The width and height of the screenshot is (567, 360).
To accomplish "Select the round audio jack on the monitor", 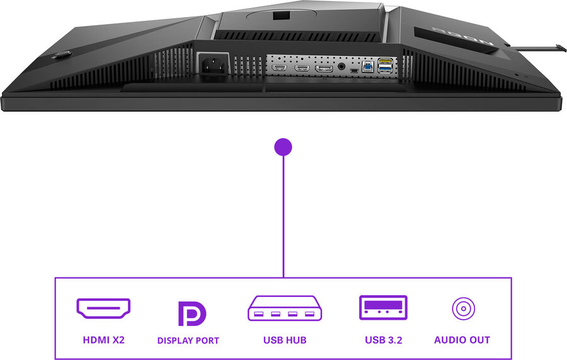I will pyautogui.click(x=342, y=66).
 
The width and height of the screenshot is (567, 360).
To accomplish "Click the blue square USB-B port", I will pyautogui.click(x=367, y=65).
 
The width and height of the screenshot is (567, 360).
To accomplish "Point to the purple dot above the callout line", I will pyautogui.click(x=283, y=147).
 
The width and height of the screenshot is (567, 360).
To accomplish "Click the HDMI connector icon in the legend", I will pyautogui.click(x=103, y=308).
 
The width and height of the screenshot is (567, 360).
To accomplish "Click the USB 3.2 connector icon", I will pyautogui.click(x=383, y=308).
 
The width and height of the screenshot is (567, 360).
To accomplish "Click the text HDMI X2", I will pyautogui.click(x=104, y=340).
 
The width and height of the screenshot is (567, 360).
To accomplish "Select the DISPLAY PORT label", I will pyautogui.click(x=188, y=340).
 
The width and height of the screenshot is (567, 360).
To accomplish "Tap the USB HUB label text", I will pyautogui.click(x=285, y=340).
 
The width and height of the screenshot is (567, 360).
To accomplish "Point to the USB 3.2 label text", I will pyautogui.click(x=383, y=340).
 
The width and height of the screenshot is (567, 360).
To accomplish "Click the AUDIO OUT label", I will pyautogui.click(x=462, y=340).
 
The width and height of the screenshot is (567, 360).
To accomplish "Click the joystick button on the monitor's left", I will pyautogui.click(x=62, y=55).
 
